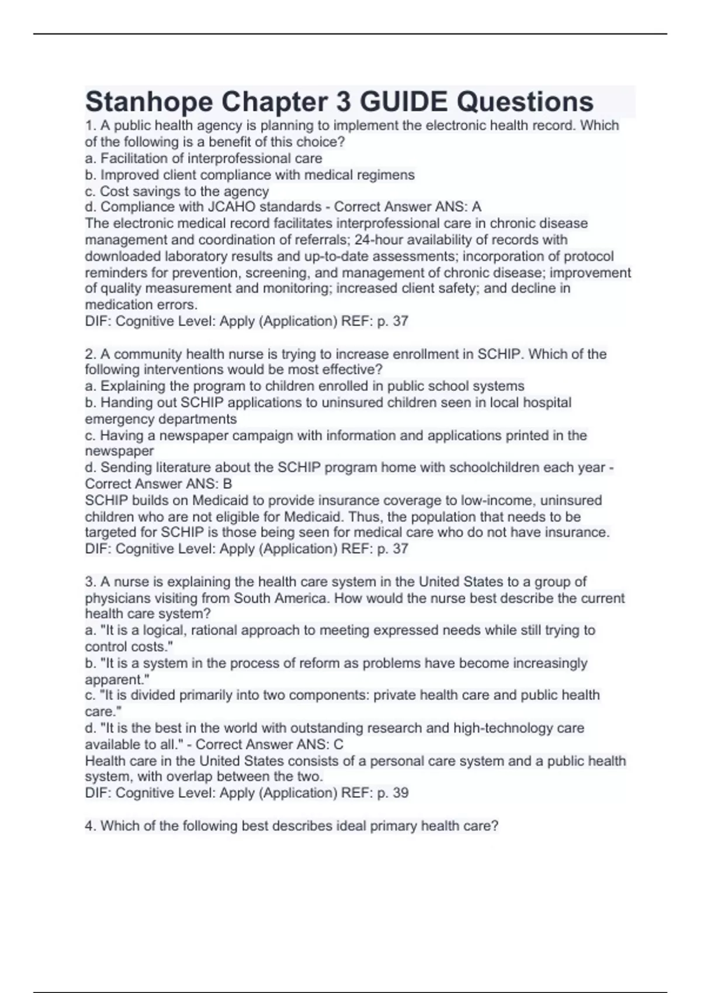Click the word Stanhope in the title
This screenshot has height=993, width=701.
[x=148, y=102]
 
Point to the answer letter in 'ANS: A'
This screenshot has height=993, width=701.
[x=477, y=207]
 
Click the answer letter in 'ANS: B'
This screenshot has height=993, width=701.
[x=228, y=484]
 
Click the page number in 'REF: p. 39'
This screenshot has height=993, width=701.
[x=401, y=793]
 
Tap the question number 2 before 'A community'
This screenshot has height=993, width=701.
[x=89, y=354]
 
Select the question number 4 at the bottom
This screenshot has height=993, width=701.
[x=89, y=826]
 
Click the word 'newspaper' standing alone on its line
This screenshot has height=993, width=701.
[x=119, y=452]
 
